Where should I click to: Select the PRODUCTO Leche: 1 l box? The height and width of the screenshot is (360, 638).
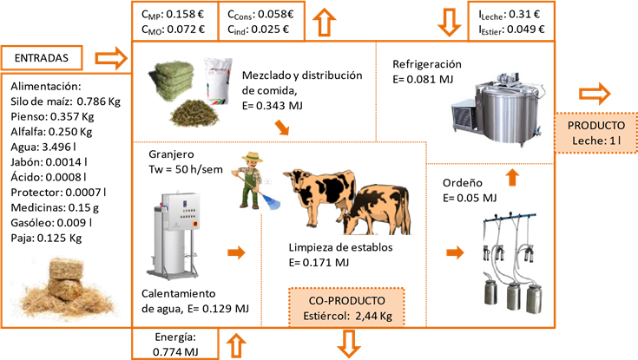click(595, 130)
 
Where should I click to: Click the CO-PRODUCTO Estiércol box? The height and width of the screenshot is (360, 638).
click(347, 307)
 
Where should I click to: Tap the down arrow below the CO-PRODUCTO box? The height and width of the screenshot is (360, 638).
click(348, 344)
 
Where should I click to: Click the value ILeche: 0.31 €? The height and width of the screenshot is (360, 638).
click(510, 14)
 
